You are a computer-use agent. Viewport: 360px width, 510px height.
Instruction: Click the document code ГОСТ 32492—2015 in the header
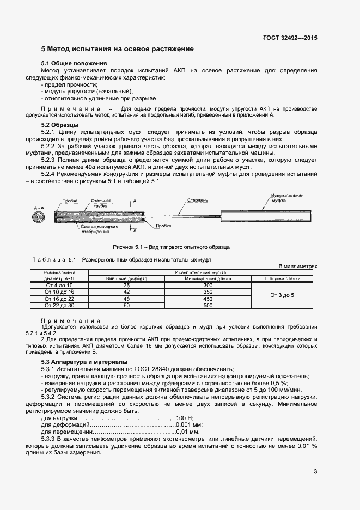(x=289, y=38)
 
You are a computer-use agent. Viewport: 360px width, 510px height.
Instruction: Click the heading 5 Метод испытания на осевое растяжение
(x=118, y=49)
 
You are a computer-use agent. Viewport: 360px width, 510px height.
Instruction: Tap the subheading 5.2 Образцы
(x=60, y=125)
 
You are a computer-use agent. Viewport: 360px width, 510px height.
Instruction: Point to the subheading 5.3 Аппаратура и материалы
(x=84, y=362)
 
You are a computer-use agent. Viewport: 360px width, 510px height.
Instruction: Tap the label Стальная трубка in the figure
(x=100, y=203)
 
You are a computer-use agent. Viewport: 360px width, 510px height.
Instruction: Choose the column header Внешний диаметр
(x=126, y=278)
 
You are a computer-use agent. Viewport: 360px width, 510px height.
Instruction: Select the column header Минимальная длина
(x=207, y=278)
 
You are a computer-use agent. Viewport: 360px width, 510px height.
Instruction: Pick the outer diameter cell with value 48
(x=126, y=299)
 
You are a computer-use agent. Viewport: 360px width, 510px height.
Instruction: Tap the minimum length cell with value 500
(x=207, y=306)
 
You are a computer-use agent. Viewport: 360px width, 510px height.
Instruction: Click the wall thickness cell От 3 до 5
(x=282, y=295)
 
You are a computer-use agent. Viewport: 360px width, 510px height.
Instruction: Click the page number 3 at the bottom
(x=315, y=471)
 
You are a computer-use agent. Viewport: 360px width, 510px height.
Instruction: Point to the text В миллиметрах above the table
(x=297, y=266)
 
